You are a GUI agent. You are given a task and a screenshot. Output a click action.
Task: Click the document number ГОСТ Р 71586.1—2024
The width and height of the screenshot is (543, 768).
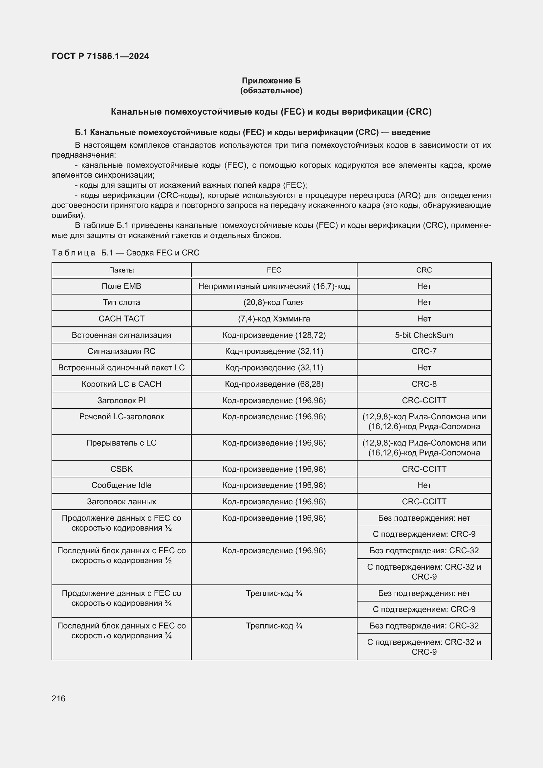pos(100,56)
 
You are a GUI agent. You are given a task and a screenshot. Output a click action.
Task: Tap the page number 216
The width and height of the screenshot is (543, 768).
pos(58,698)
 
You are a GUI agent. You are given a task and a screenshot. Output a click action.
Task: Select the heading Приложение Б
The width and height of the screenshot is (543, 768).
pos(271,81)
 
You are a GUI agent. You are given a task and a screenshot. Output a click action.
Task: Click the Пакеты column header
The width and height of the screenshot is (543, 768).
pos(121,270)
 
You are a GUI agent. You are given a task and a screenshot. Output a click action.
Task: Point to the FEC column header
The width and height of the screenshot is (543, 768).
pos(274,270)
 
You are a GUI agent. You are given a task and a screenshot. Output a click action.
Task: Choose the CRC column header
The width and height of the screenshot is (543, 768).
pos(424,270)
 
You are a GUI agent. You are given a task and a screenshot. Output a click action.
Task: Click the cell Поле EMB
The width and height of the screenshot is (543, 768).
pos(121,286)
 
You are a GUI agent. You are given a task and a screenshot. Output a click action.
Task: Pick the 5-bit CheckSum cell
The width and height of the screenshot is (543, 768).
pos(424,335)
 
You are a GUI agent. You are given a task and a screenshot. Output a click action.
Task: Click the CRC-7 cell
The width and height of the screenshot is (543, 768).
pos(424,351)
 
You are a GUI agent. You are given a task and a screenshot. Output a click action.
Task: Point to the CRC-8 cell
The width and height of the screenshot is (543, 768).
pos(424,384)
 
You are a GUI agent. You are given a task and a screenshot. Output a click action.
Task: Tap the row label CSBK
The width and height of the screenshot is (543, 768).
pos(121,469)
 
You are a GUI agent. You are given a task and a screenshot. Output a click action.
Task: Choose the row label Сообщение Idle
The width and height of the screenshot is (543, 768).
pos(121,485)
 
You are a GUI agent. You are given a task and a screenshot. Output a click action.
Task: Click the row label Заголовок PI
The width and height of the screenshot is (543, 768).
pos(121,400)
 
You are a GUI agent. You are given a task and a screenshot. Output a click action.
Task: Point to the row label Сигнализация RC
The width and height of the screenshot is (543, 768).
pos(121,351)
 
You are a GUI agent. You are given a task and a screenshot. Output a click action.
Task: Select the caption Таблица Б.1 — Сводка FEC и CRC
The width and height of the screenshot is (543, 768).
pos(125,253)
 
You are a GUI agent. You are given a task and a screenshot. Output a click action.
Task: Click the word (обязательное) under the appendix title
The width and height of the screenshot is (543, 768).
pos(271,91)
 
